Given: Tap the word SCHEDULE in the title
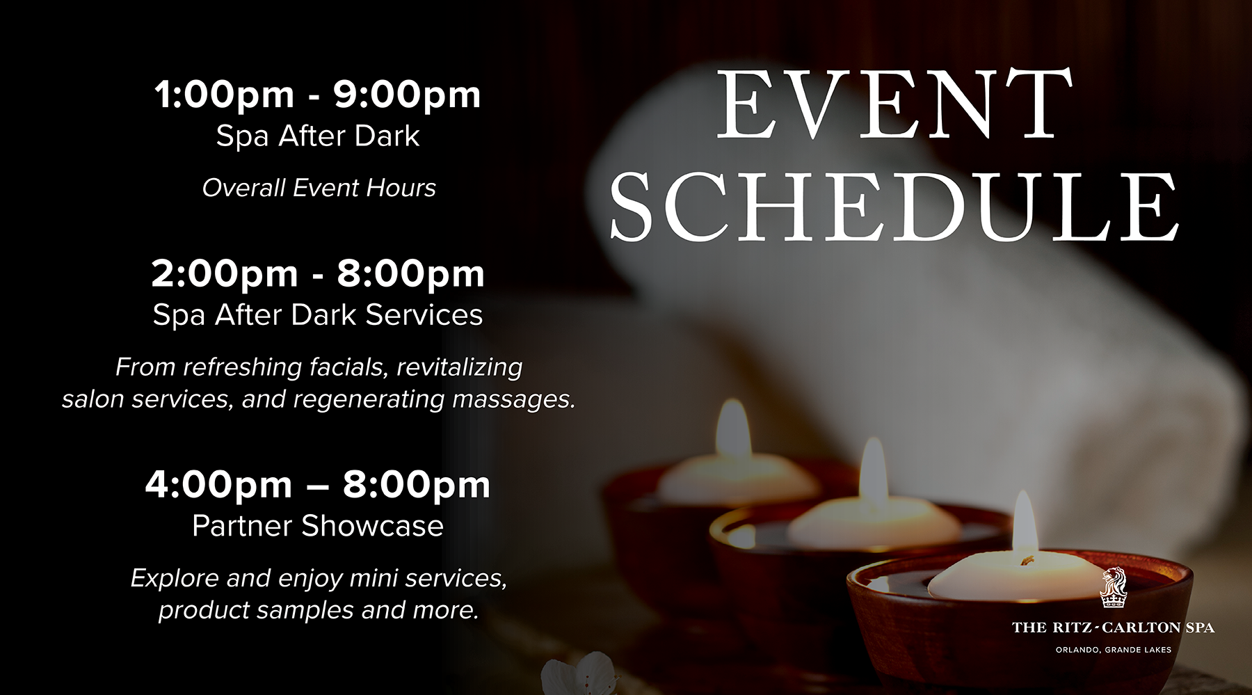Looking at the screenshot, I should pos(894,207).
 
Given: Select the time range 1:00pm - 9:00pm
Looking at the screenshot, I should pos(317,95).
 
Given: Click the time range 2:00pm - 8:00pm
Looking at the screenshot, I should pos(318,273).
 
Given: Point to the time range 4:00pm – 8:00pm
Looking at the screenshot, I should pos(318,484).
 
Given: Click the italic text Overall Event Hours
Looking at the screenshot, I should pos(319,188).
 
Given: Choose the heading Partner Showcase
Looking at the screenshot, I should pos(318,526).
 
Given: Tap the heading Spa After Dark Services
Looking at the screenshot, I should pos(318,314).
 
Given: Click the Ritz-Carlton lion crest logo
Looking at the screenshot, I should pos(1113,588).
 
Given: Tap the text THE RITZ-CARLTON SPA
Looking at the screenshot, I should pos(1113,628).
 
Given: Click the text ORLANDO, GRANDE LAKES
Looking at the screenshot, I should pos(1113,650).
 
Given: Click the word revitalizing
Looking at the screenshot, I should pos(460,367).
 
